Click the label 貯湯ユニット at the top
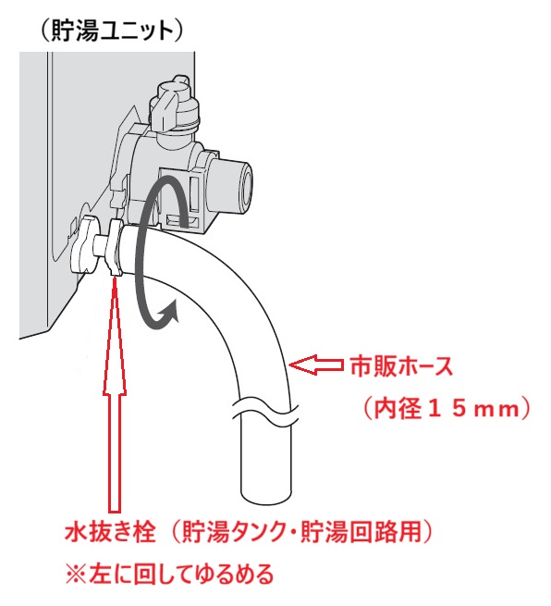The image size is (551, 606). tap(112, 31)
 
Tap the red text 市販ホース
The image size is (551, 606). tap(401, 366)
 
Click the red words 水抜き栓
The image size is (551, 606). tap(110, 532)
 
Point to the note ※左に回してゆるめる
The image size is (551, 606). tap(169, 574)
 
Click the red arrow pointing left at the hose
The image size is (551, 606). tap(316, 365)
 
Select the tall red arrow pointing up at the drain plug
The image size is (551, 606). tap(115, 393)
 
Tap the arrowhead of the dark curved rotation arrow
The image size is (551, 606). tap(170, 310)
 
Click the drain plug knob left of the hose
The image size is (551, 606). tap(82, 245)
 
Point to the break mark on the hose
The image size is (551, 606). tap(265, 410)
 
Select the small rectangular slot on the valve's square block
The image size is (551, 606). tap(195, 193)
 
